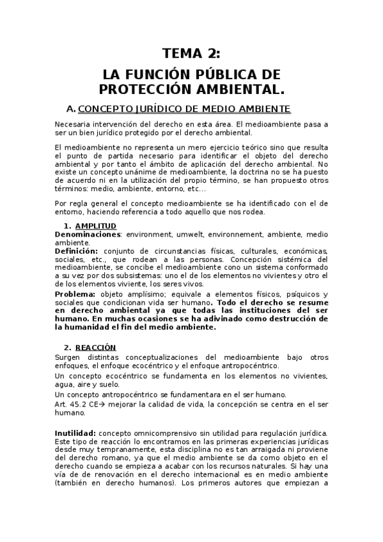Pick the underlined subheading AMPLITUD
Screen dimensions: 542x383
point(96,226)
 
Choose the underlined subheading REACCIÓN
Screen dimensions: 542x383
point(95,347)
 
